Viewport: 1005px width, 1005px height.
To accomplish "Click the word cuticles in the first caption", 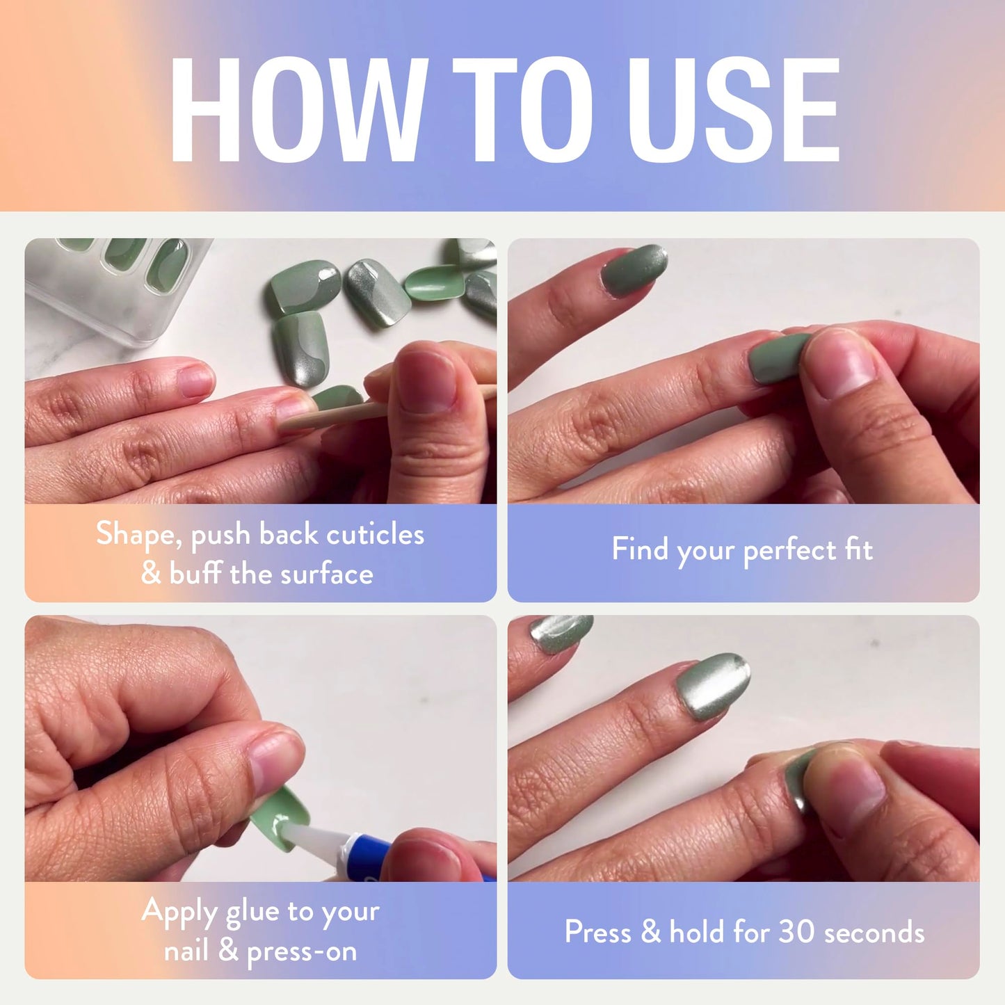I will click(375, 534).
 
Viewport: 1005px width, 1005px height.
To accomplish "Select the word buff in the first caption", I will click(195, 574).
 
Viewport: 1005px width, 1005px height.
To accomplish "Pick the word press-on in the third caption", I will click(302, 951).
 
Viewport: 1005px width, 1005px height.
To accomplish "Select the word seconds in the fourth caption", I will click(874, 932).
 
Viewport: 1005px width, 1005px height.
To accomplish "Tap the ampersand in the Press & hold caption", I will click(650, 932).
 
